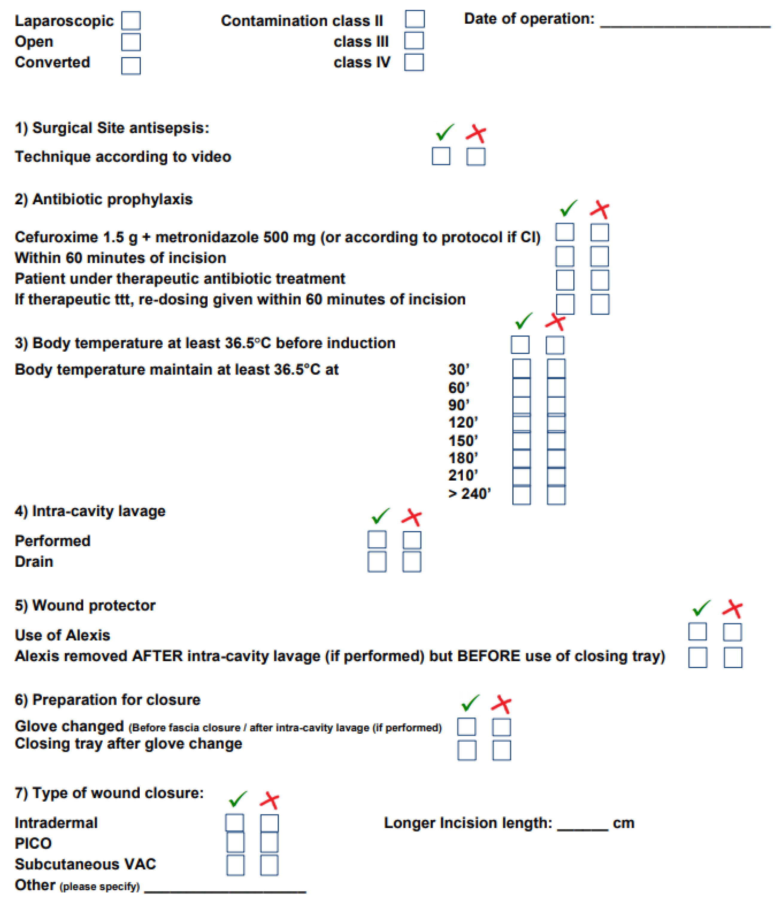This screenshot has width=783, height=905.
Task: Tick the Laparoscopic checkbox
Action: point(131,21)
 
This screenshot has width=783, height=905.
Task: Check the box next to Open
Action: point(131,42)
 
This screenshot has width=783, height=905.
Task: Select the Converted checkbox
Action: point(131,66)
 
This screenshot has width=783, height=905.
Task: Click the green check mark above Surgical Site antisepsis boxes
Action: point(444,132)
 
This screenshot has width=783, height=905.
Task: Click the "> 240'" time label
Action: point(469,494)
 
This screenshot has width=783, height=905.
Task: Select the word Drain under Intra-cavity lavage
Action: point(34,562)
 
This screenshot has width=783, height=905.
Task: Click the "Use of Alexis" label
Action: point(63,635)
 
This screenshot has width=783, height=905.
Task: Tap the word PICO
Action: point(33,843)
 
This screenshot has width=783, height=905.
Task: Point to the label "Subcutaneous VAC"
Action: point(85,864)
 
